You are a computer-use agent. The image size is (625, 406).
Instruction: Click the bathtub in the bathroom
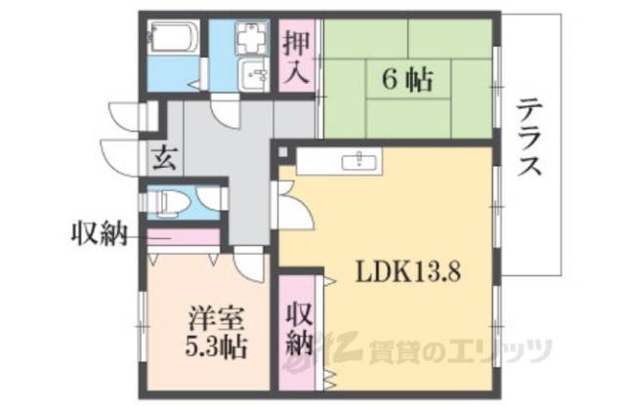174,42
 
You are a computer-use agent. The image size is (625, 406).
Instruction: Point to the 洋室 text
208,319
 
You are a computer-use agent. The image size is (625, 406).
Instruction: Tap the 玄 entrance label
164,156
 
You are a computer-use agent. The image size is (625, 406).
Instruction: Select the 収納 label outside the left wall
100,233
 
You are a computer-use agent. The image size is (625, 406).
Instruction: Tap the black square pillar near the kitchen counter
284,153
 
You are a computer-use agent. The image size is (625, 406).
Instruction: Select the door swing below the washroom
228,109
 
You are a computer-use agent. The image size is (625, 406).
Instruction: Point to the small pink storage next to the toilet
186,235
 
